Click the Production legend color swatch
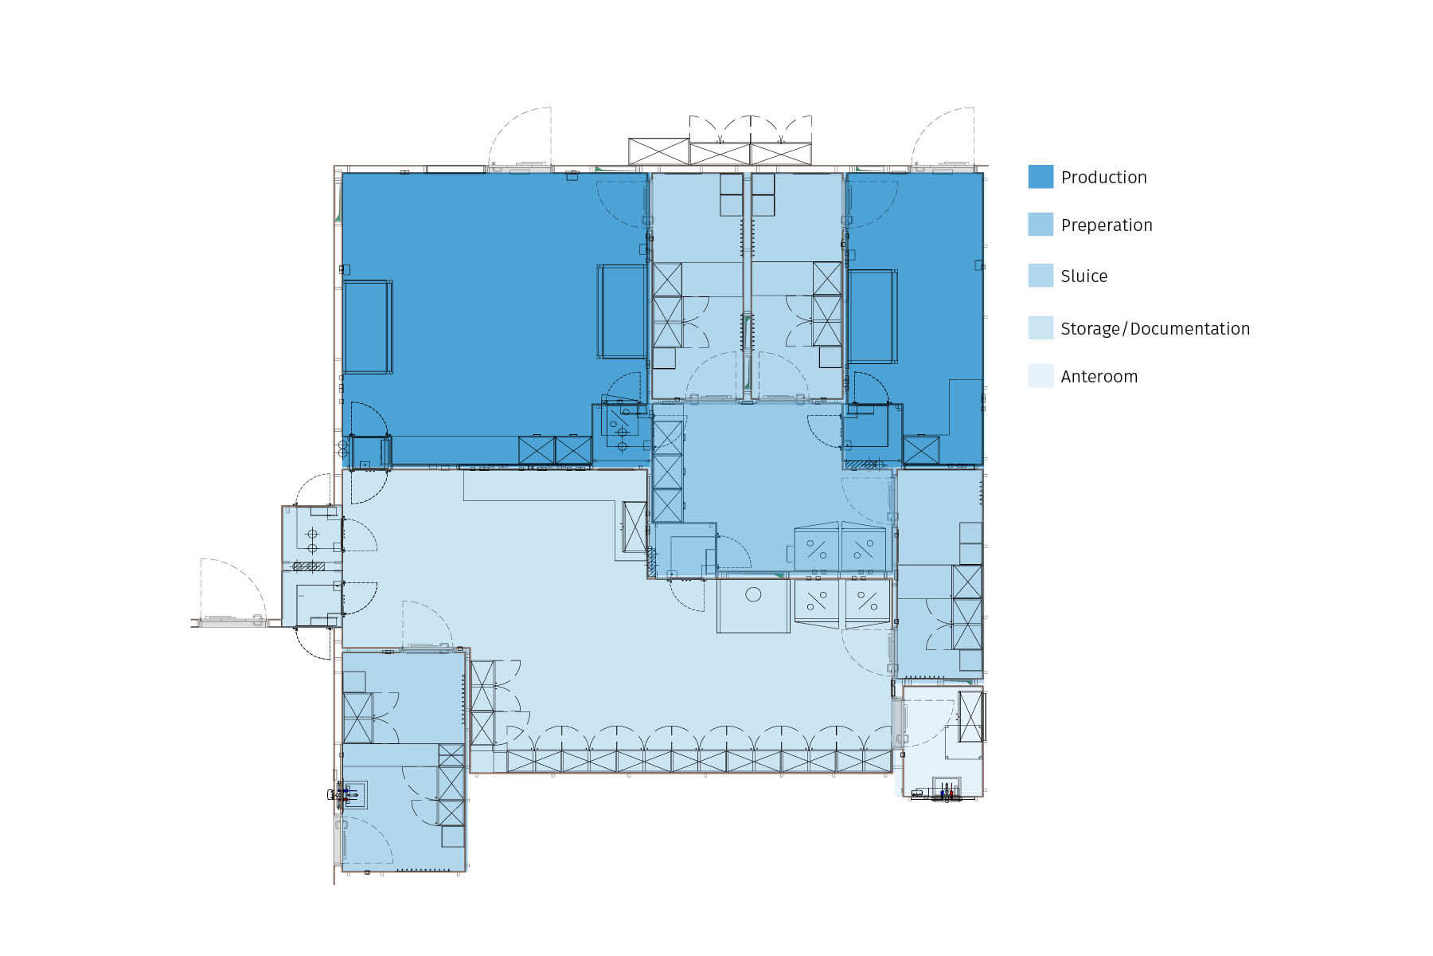pyautogui.click(x=1041, y=177)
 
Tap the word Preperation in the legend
pyautogui.click(x=1106, y=225)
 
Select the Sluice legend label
pyautogui.click(x=1084, y=276)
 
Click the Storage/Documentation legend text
pyautogui.click(x=1154, y=329)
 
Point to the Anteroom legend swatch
pyautogui.click(x=1041, y=376)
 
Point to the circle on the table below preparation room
pyautogui.click(x=753, y=594)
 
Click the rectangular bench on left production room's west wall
pyautogui.click(x=368, y=327)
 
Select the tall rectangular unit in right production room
pyautogui.click(x=872, y=316)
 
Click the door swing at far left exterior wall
pyautogui.click(x=231, y=590)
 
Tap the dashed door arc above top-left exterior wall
pyautogui.click(x=521, y=135)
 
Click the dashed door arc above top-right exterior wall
pyautogui.click(x=944, y=135)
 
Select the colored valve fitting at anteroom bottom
pyautogui.click(x=946, y=793)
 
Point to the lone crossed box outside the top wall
pyautogui.click(x=658, y=151)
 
